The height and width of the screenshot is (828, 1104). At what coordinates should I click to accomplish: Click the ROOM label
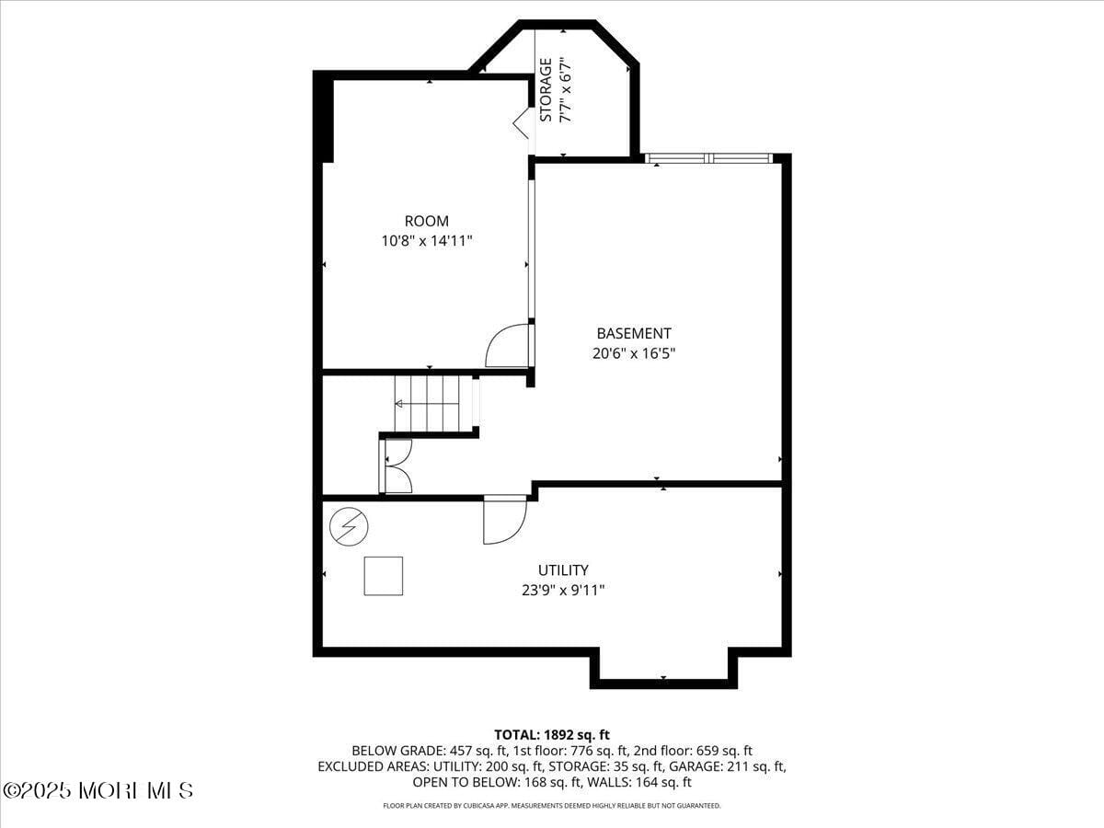click(x=427, y=221)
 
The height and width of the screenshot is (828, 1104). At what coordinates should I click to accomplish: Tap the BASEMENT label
click(x=634, y=333)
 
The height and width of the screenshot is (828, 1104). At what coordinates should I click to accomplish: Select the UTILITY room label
click(x=563, y=570)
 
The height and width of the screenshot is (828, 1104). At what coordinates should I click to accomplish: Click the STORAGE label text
click(x=546, y=90)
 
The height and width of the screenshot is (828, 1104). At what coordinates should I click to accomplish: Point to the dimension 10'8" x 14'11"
click(x=427, y=241)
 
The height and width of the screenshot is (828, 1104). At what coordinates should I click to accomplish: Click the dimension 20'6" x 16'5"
click(x=634, y=352)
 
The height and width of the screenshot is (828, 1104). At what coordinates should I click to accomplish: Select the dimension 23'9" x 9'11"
click(x=563, y=591)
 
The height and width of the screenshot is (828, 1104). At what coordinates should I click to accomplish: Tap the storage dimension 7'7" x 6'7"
click(x=567, y=90)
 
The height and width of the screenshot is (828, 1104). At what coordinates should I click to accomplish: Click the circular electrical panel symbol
click(x=349, y=527)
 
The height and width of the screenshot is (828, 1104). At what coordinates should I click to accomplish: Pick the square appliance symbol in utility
click(x=384, y=576)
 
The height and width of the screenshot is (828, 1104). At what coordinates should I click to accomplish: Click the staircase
click(x=432, y=403)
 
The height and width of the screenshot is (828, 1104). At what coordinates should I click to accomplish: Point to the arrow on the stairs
click(x=400, y=403)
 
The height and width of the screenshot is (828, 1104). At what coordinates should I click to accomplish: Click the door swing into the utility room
click(x=504, y=520)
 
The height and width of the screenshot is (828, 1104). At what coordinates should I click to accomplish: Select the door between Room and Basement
click(x=509, y=346)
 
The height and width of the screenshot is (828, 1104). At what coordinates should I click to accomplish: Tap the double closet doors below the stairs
click(x=397, y=466)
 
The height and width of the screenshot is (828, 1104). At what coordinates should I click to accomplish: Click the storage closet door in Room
click(x=521, y=122)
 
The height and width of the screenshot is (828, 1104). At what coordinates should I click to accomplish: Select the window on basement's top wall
click(x=708, y=158)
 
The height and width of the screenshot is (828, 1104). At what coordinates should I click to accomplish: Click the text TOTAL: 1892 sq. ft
click(x=552, y=734)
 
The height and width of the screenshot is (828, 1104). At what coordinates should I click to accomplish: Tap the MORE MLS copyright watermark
click(x=98, y=790)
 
